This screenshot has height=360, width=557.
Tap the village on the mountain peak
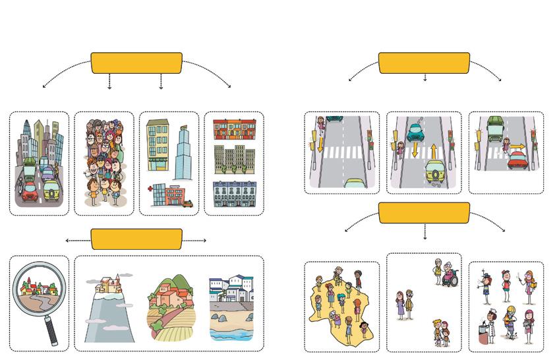109,285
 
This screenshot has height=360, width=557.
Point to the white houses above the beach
230,291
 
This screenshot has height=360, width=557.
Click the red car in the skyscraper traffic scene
30,192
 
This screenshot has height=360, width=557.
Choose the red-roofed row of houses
235,129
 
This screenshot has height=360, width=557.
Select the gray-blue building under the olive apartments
234,194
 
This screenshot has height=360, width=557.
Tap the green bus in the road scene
496,127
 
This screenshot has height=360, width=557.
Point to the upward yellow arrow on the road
434,150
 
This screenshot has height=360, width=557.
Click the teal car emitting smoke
414,133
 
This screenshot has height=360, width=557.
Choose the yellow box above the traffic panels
424,63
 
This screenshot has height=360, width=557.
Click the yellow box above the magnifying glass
136,239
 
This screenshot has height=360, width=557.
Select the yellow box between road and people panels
424,213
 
